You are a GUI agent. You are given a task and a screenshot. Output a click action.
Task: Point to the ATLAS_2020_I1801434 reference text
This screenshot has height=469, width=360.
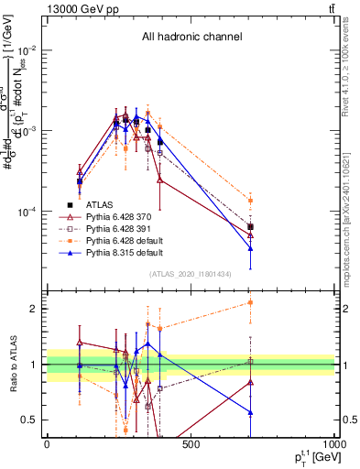(x=191, y=274)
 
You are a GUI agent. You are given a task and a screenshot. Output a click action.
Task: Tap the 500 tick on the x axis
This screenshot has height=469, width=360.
(x=191, y=445)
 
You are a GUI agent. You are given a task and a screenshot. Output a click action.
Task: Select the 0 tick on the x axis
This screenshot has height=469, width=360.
(x=47, y=445)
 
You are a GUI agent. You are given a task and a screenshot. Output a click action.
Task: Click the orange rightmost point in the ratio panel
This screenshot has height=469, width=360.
(x=251, y=302)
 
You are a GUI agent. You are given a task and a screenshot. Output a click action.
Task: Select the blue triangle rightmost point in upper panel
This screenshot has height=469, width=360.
(x=251, y=249)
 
